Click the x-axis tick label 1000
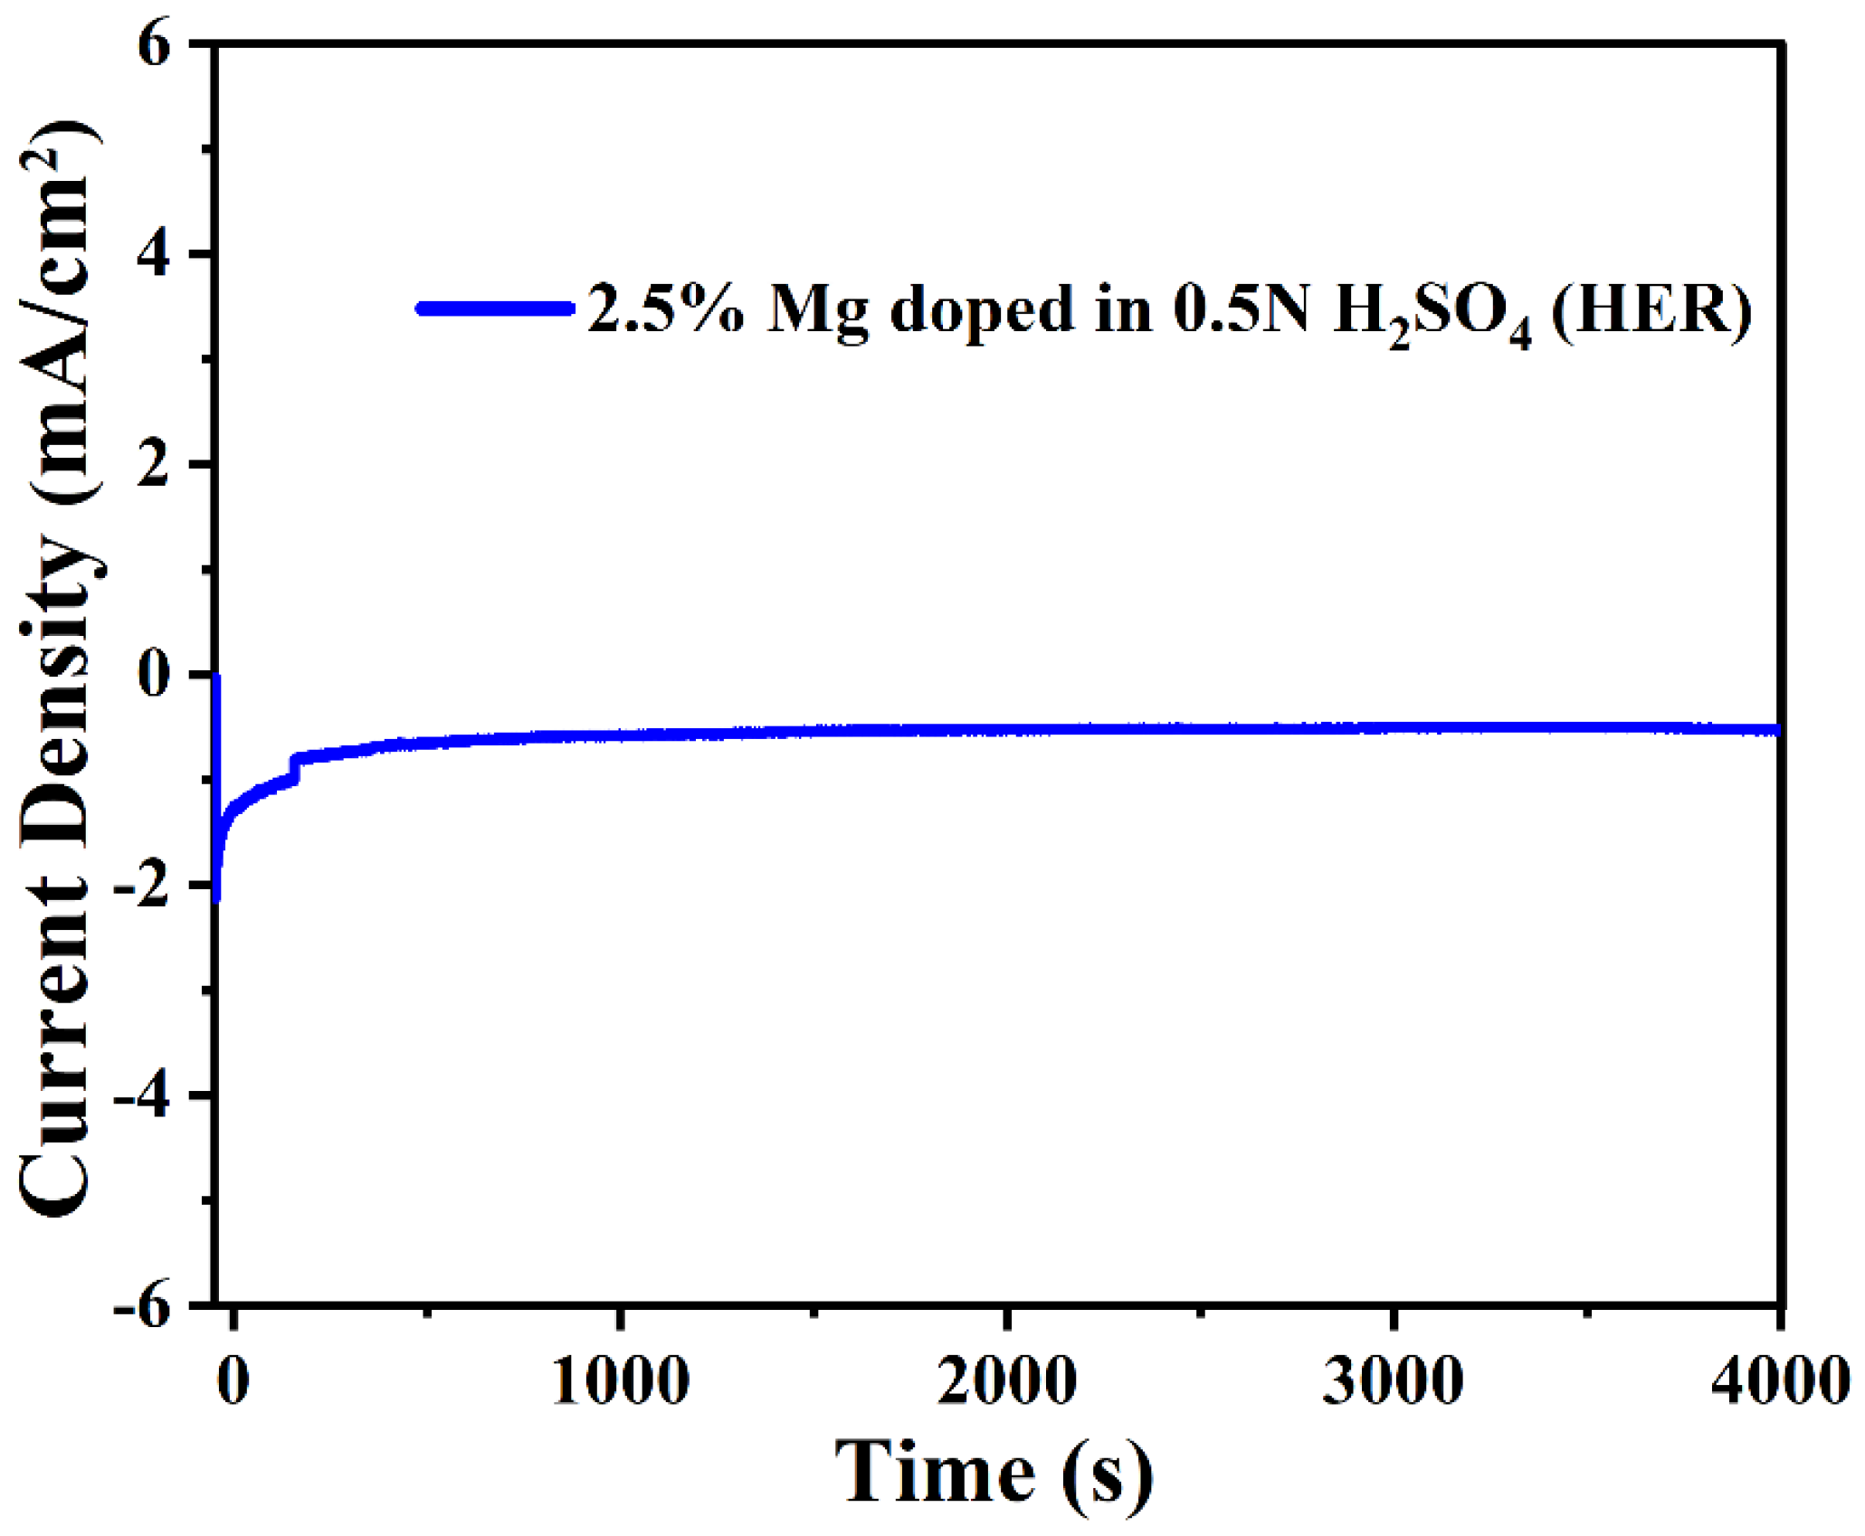point(621,1382)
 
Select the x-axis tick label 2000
point(1006,1382)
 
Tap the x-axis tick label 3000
point(1393,1382)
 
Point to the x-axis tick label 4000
point(1778,1382)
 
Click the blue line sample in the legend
point(495,308)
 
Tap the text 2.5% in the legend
point(666,308)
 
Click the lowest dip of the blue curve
point(216,898)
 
